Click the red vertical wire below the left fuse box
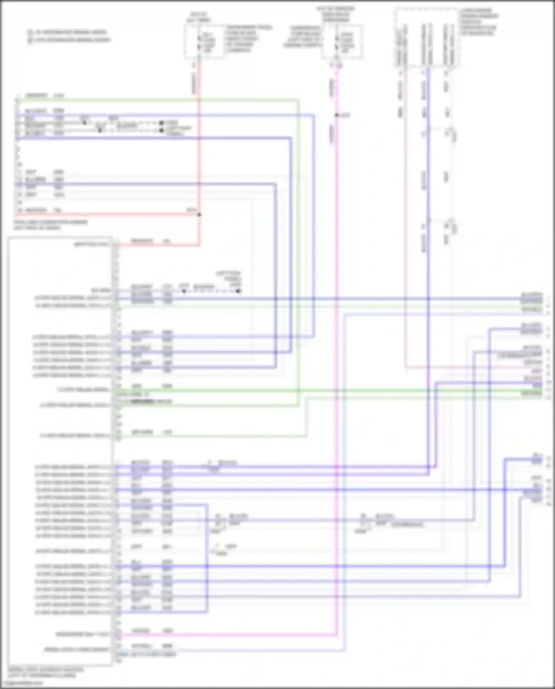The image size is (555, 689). pos(199,148)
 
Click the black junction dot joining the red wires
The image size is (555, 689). pos(199,215)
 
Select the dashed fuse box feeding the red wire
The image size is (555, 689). pos(204,41)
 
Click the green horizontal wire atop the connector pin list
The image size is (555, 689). pos(155,100)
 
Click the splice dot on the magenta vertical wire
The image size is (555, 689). pos(336,116)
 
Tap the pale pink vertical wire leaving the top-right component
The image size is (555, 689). pos(406,222)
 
